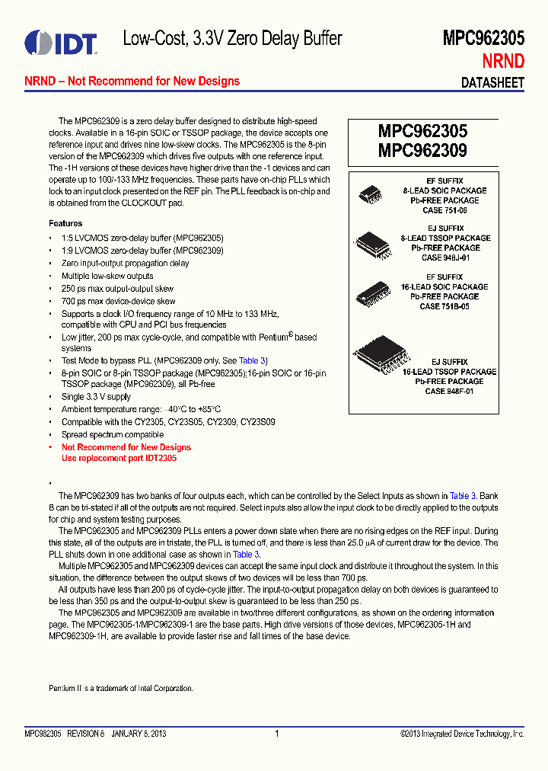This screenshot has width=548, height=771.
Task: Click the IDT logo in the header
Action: point(60,43)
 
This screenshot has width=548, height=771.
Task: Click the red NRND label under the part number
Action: point(503,62)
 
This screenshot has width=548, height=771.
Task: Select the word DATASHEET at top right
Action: point(493,83)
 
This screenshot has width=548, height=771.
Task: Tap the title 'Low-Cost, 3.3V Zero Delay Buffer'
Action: point(232,39)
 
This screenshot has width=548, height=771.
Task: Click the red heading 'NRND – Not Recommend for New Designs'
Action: point(132,82)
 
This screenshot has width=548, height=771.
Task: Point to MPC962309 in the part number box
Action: point(422,150)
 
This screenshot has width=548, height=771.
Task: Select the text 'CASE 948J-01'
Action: point(445,258)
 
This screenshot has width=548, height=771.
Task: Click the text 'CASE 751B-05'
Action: point(445,306)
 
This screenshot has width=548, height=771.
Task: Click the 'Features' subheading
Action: point(65,223)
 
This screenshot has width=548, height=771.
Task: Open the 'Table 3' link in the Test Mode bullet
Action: point(253,360)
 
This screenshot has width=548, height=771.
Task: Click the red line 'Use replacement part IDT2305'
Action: point(119,458)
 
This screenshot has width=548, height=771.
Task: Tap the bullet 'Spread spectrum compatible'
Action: point(113,434)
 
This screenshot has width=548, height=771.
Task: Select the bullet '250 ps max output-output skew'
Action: point(117,289)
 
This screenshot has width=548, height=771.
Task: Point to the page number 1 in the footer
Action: point(277,734)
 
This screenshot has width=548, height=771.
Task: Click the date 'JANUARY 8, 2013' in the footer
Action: point(139,734)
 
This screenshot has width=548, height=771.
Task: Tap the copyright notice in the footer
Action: point(462,734)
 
